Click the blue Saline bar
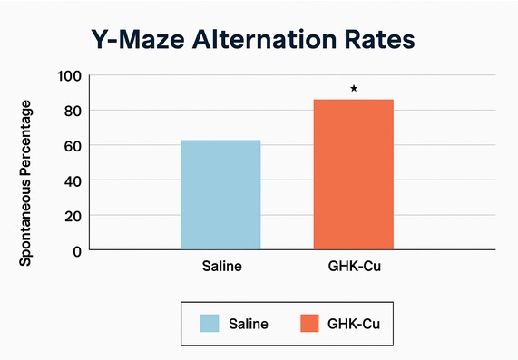(220, 194)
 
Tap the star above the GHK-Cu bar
(354, 88)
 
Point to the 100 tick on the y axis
(69, 75)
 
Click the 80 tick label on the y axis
(72, 111)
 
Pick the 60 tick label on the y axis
(72, 145)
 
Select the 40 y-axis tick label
(72, 180)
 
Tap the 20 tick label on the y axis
(72, 215)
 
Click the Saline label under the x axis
(220, 268)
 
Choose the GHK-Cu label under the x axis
(354, 268)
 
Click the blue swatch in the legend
(210, 323)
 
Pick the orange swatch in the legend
(308, 323)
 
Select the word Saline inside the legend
(249, 324)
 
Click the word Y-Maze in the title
(137, 41)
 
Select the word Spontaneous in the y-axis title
(26, 219)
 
